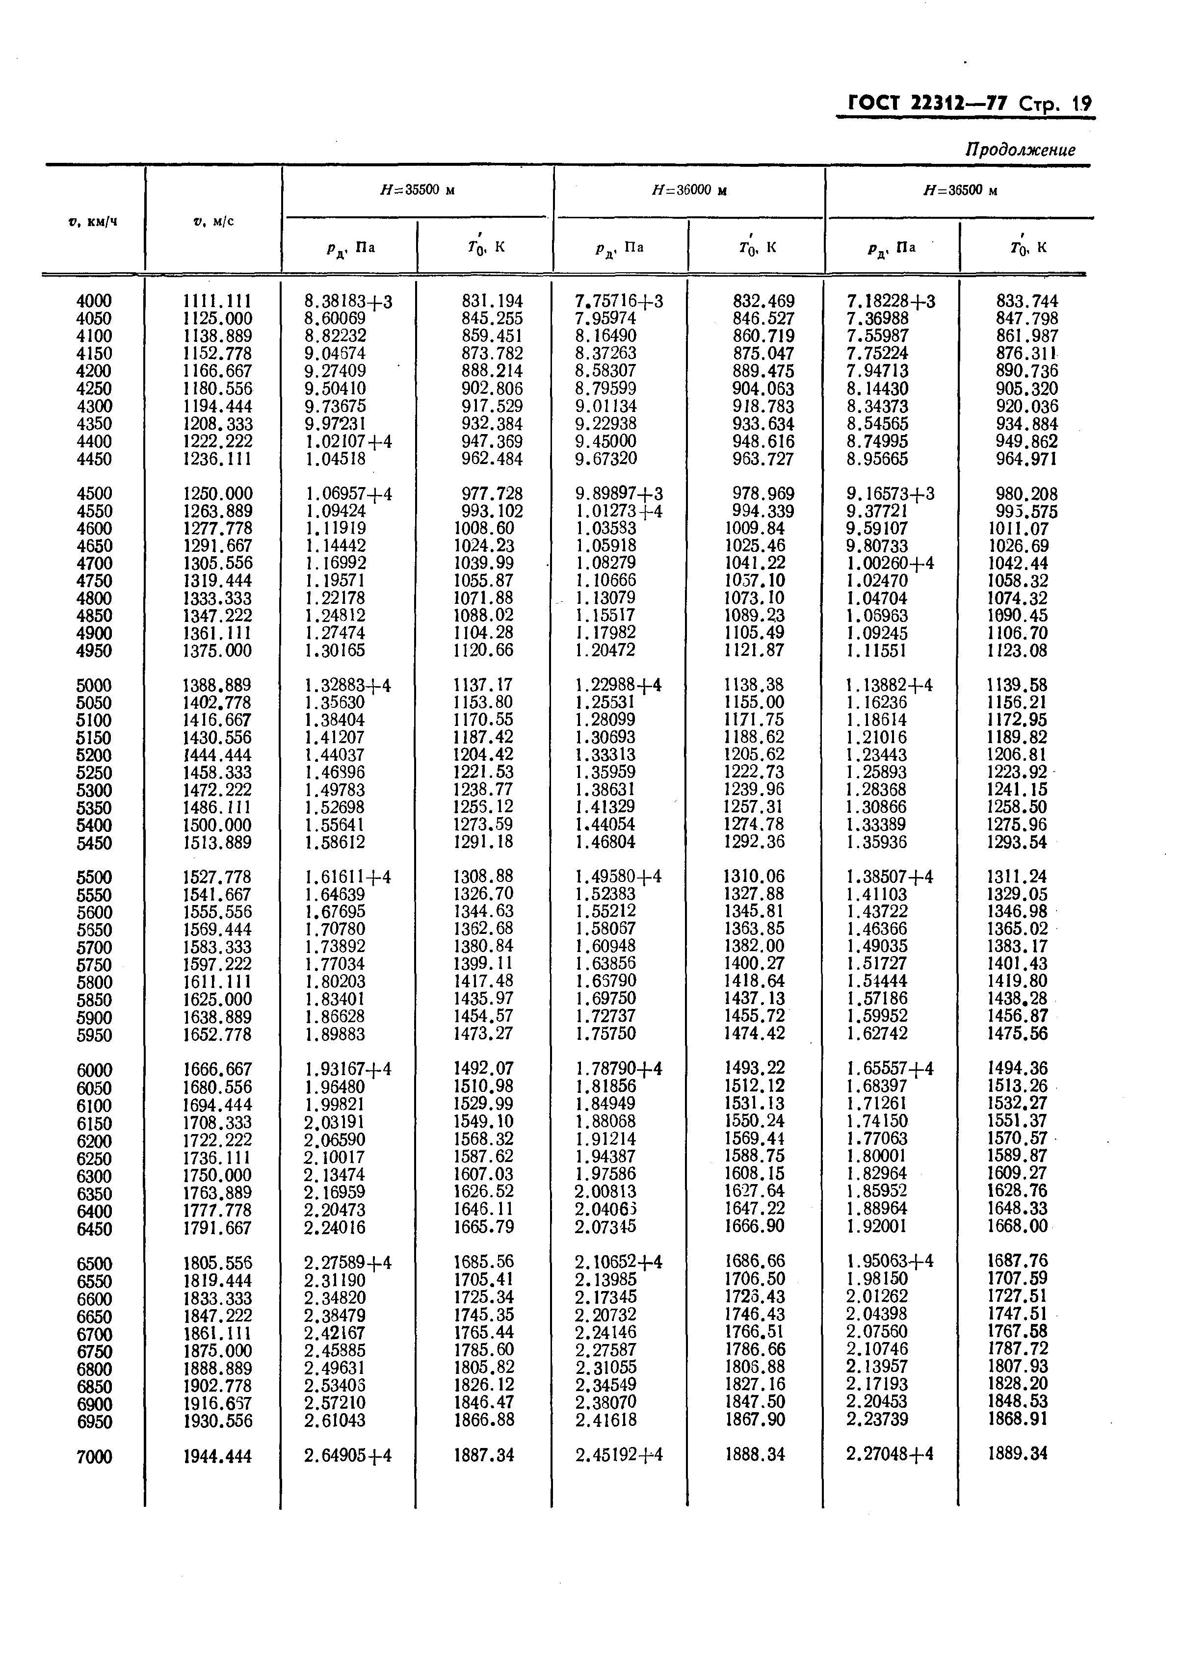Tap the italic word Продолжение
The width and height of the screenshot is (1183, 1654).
tap(1020, 150)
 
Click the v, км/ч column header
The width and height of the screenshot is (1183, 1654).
tap(93, 221)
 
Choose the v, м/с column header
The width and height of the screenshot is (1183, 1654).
tap(213, 221)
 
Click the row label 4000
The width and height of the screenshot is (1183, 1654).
tap(94, 301)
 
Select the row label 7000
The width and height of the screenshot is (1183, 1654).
tap(94, 1457)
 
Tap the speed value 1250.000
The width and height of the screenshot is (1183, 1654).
tap(217, 493)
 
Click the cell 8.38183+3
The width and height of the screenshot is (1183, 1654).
tap(348, 301)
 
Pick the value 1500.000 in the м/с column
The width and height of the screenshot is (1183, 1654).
tap(217, 825)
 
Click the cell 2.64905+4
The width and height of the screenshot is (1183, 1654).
tap(348, 1455)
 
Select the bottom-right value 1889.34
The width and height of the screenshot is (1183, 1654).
tap(1017, 1454)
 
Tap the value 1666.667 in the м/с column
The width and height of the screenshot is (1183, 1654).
tap(217, 1069)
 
